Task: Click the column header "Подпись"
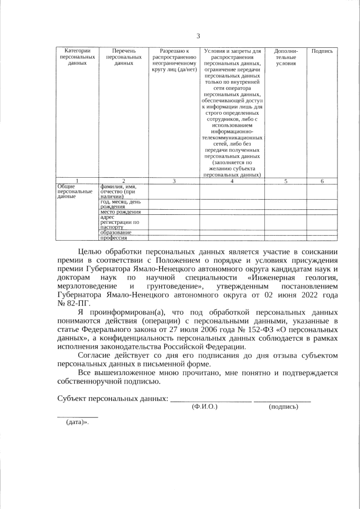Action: tap(322, 51)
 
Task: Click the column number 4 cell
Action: tap(232, 181)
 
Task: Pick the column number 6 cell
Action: tap(322, 181)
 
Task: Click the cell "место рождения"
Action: tap(120, 212)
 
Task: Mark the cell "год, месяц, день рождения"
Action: tap(120, 204)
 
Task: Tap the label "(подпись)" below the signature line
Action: tap(283, 406)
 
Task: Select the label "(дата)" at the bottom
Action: tap(78, 422)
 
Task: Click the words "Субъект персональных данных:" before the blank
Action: tap(112, 398)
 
